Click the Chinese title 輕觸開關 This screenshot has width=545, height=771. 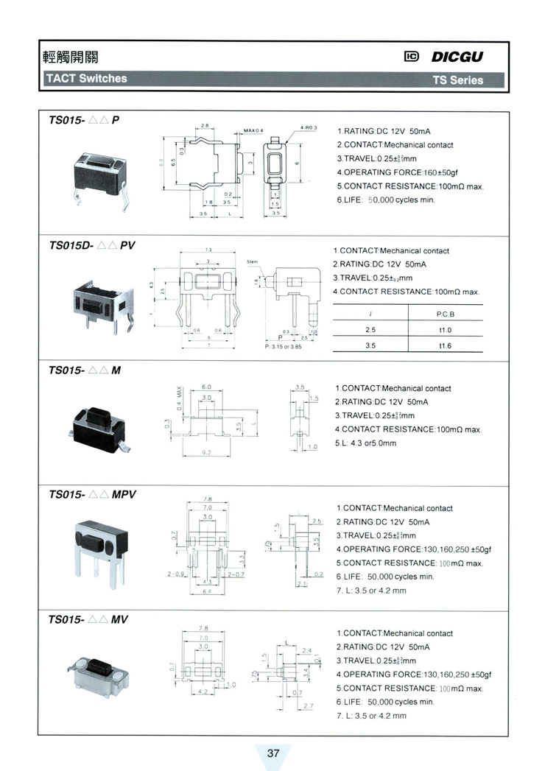pos(71,57)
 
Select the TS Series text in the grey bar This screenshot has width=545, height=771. pos(457,80)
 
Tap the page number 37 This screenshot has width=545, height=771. pos(273,753)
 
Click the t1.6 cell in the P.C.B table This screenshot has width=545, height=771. pos(446,345)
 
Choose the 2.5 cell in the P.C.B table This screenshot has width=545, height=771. pos(370,329)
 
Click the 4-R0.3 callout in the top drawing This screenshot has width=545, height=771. pos(309,127)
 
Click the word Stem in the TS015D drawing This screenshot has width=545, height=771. pos(253,261)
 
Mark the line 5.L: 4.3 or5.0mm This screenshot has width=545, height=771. pos(366,443)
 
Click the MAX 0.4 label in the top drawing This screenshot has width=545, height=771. pos(253,131)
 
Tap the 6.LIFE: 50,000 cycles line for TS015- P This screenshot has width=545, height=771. pos(386,200)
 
